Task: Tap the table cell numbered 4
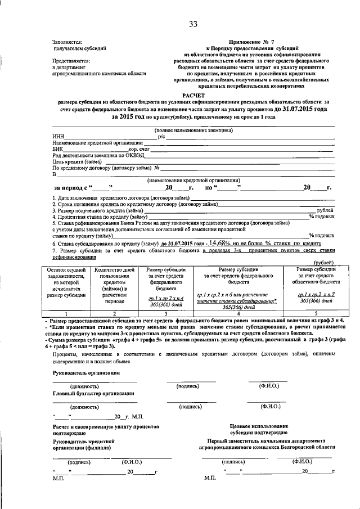coord(238,313)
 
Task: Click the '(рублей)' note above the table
coord(323,263)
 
